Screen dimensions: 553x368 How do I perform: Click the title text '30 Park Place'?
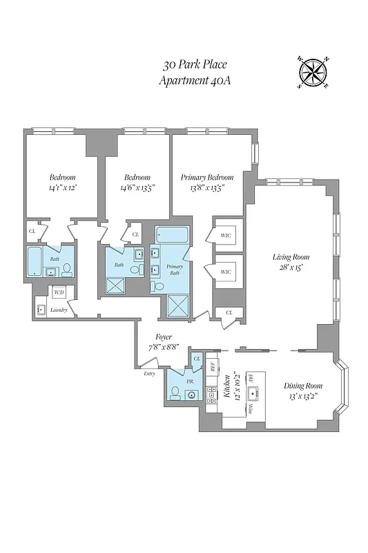tap(195, 66)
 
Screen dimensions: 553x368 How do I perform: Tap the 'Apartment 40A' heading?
tap(195, 80)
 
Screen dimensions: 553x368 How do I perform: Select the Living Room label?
tap(289, 256)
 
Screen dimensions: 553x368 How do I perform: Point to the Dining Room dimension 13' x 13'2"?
tap(304, 397)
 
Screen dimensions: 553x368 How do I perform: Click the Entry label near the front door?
tap(149, 373)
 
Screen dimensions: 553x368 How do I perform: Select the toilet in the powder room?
tap(175, 393)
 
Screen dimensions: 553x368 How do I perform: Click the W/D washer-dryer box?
tap(59, 292)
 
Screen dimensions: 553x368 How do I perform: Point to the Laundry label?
tap(59, 310)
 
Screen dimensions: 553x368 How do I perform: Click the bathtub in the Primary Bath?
tap(171, 234)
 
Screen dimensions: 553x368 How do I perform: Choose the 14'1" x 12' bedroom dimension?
tap(62, 187)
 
